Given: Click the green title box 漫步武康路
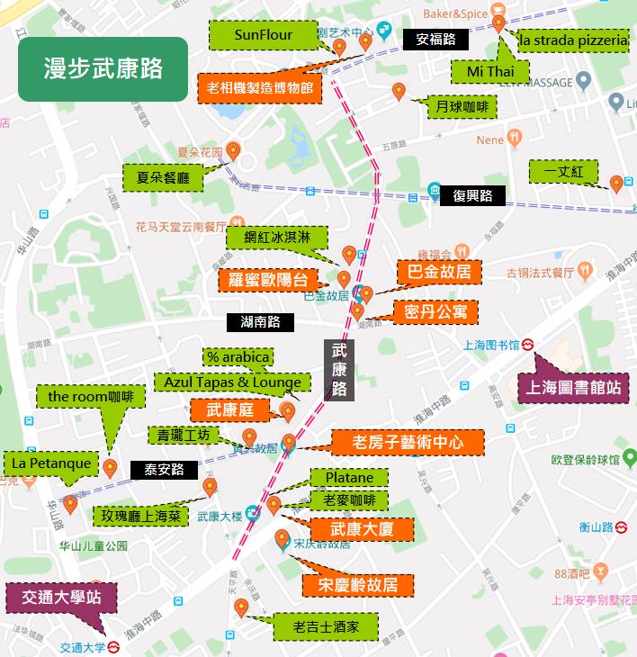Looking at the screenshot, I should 103,69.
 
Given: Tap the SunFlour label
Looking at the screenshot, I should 263,36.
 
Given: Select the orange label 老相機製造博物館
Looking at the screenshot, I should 258,87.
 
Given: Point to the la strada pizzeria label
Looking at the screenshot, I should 572,41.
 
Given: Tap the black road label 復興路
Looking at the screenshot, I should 471,195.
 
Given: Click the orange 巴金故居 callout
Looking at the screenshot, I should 440,271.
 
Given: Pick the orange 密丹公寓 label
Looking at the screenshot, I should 435,311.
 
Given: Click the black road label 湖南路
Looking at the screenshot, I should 260,321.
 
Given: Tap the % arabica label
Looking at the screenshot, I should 238,357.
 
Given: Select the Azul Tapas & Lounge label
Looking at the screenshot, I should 232,382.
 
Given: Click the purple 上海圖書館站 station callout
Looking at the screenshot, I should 573,388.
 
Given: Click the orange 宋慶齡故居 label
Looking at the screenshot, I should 358,585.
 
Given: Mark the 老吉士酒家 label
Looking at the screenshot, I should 326,625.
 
